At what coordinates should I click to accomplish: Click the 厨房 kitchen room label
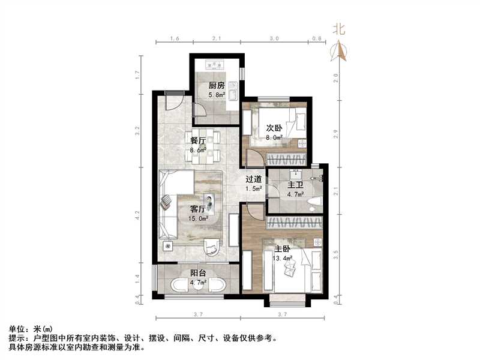(x=217, y=85)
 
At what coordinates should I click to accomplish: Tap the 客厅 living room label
(x=199, y=209)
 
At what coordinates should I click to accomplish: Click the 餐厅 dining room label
(x=198, y=141)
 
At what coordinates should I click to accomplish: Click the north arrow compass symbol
(x=341, y=52)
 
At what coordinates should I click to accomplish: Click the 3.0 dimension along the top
(x=274, y=38)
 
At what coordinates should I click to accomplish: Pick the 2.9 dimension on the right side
(x=337, y=133)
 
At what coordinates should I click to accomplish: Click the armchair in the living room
(x=211, y=246)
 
